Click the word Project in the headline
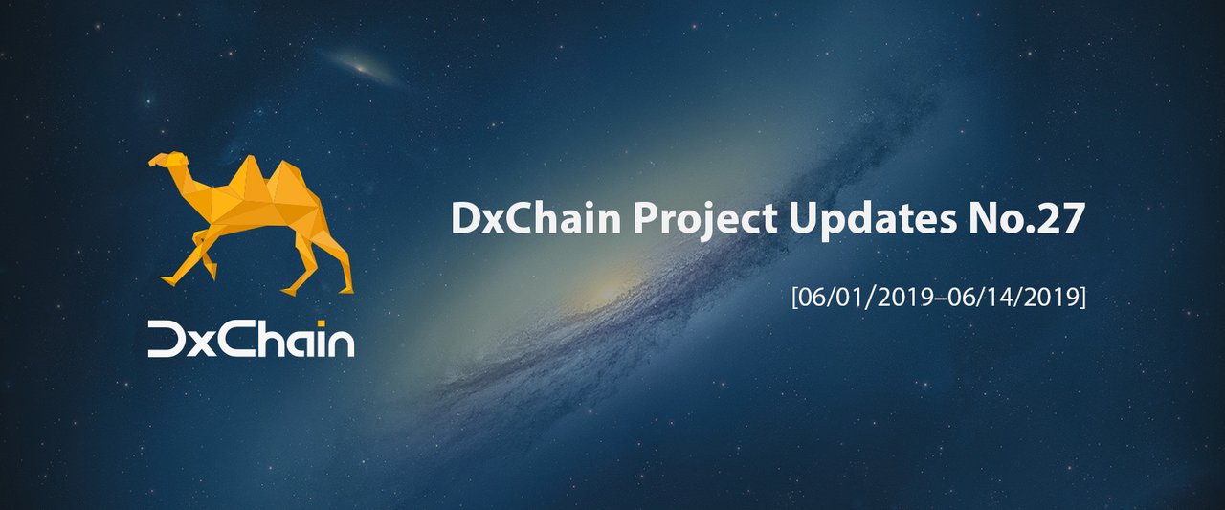(705, 220)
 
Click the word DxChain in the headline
(536, 218)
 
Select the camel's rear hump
(290, 181)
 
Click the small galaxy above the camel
(361, 68)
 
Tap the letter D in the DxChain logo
(167, 339)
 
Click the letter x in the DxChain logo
(204, 344)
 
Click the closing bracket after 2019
(1082, 298)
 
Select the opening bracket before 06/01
(795, 298)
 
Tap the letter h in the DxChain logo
(273, 339)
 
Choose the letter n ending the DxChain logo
(342, 344)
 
